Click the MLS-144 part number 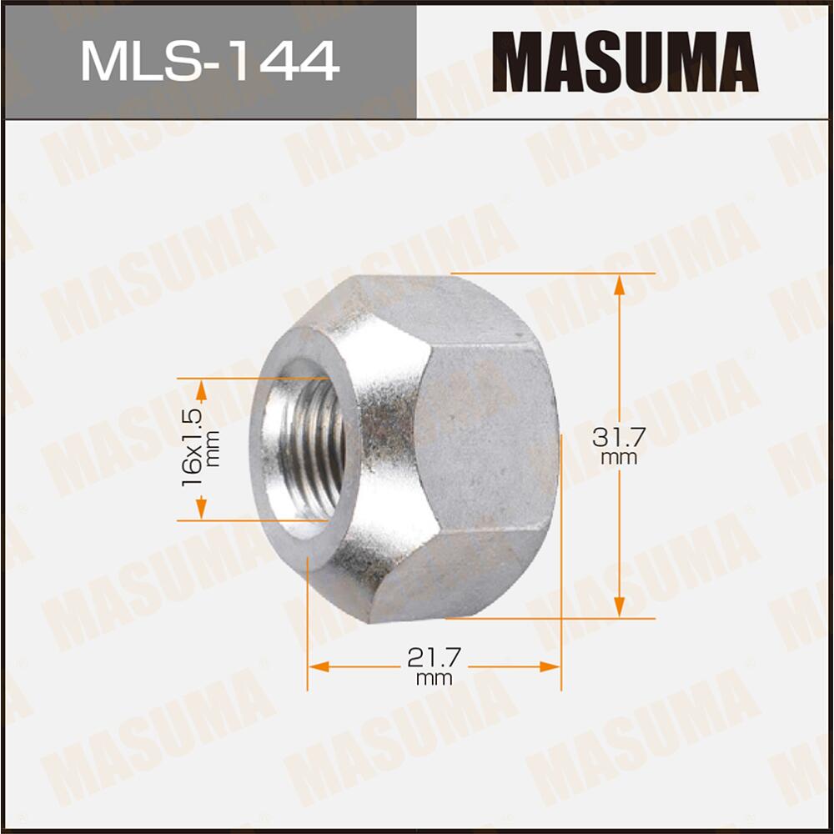tap(209, 61)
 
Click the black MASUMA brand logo tap(625, 61)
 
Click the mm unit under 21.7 tap(434, 679)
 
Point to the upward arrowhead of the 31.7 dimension tap(619, 284)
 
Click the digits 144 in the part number tap(289, 61)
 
